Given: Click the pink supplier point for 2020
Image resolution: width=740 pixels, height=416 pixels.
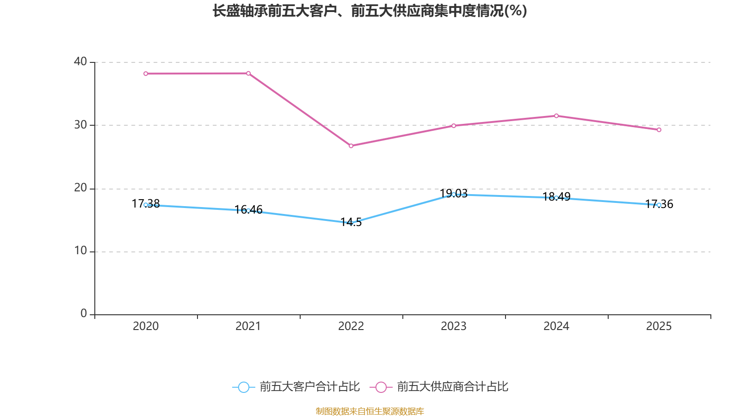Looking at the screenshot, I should click(x=146, y=73).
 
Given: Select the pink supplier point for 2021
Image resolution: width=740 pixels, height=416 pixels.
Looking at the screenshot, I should click(x=248, y=73).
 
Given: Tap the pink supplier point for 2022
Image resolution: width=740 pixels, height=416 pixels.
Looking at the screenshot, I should click(x=351, y=146).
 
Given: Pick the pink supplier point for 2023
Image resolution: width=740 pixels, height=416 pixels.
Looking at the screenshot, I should click(x=454, y=126).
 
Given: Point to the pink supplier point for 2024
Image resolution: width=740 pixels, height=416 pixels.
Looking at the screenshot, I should click(x=556, y=116).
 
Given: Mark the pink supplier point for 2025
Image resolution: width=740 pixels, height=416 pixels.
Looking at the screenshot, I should click(x=659, y=130).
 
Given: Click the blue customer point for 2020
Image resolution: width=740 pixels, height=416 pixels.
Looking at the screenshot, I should click(x=146, y=205).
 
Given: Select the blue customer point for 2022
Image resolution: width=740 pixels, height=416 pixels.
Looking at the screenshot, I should click(x=351, y=223).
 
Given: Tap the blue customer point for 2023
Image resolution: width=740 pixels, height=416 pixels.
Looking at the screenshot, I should click(x=454, y=194).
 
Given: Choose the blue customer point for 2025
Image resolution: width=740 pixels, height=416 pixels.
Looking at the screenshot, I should click(x=659, y=205).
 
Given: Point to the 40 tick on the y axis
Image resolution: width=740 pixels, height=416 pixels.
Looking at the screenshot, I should click(x=80, y=61).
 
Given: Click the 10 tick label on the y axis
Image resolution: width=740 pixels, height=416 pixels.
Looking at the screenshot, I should click(x=80, y=251).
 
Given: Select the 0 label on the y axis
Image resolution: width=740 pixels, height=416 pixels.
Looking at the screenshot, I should click(x=84, y=314).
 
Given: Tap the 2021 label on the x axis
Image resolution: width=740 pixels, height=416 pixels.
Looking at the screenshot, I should click(x=248, y=326).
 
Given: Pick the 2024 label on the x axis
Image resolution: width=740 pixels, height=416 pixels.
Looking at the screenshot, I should click(x=556, y=326).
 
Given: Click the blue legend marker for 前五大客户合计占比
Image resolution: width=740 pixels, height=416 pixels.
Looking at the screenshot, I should click(x=244, y=387).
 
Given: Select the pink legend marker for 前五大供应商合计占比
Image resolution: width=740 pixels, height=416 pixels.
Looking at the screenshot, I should click(x=381, y=387).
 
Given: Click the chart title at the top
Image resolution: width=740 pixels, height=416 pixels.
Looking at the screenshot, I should click(x=370, y=11).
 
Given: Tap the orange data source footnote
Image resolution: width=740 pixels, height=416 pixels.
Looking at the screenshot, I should click(x=370, y=411).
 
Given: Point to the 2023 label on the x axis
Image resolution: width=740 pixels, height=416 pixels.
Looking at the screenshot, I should click(x=454, y=326).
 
